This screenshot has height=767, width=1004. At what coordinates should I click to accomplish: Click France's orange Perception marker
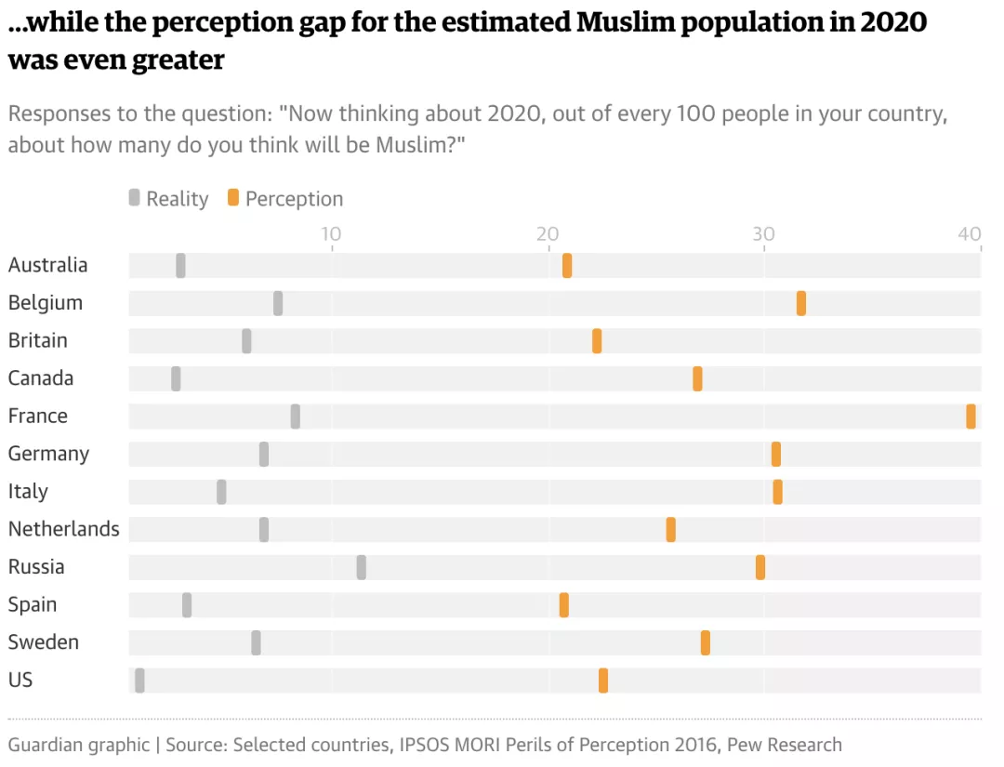tap(971, 417)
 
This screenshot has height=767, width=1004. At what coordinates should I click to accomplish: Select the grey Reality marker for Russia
tap(361, 567)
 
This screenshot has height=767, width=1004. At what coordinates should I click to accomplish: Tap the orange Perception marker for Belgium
tap(800, 303)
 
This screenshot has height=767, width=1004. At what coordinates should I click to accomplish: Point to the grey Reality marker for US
tap(139, 681)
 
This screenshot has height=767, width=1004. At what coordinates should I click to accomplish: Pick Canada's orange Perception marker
tap(697, 378)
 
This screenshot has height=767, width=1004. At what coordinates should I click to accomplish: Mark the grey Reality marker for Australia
tap(180, 265)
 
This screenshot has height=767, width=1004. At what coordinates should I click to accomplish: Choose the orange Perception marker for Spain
tap(563, 605)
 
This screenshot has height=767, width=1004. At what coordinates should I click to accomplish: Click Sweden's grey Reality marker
tap(256, 642)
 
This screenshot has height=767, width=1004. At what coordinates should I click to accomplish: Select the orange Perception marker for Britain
tap(597, 341)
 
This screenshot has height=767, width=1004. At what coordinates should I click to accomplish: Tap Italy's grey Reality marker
tap(221, 492)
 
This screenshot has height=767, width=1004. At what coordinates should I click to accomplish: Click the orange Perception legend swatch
tap(233, 198)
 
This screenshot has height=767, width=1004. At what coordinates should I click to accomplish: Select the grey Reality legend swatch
tap(134, 198)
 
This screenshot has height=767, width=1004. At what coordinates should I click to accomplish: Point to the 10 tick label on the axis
tap(331, 233)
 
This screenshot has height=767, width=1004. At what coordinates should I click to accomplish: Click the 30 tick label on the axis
tap(763, 233)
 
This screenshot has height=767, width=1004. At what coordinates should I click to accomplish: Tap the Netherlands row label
tap(63, 529)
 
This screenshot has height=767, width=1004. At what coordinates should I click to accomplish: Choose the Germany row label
tap(48, 454)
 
